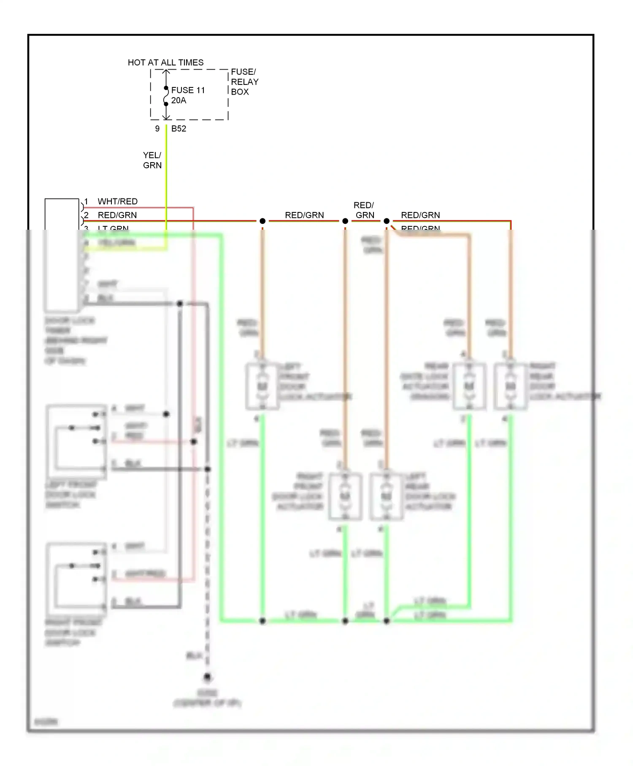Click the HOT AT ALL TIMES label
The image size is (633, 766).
click(165, 62)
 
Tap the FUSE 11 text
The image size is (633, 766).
click(188, 90)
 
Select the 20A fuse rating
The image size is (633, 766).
click(179, 101)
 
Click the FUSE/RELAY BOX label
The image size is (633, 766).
click(244, 81)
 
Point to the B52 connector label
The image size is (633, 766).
click(179, 129)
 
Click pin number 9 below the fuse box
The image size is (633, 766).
click(157, 129)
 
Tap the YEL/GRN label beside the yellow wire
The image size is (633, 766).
click(152, 160)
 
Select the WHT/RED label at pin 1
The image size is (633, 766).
click(117, 201)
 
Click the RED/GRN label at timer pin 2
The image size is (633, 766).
click(117, 215)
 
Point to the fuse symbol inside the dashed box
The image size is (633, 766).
click(166, 96)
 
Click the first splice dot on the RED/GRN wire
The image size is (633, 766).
click(262, 221)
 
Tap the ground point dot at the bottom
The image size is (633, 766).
click(207, 677)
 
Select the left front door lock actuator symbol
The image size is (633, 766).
click(262, 386)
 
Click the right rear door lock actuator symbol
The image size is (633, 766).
click(510, 386)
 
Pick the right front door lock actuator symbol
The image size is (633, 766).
click(345, 496)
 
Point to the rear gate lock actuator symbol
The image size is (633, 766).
click(469, 386)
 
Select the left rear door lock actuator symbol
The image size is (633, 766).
click(386, 496)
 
